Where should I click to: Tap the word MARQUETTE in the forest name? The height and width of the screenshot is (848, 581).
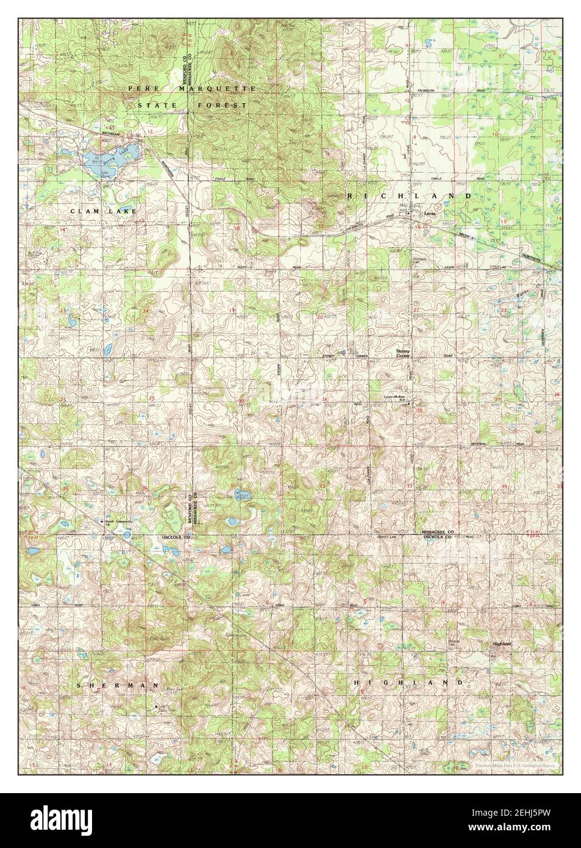pos(213,89)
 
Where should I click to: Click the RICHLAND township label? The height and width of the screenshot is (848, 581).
pos(409,196)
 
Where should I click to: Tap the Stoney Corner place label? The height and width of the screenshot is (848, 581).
pos(406,354)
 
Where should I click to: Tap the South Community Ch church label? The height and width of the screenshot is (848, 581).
pos(119,522)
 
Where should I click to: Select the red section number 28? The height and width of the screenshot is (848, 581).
pos(419,411)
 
